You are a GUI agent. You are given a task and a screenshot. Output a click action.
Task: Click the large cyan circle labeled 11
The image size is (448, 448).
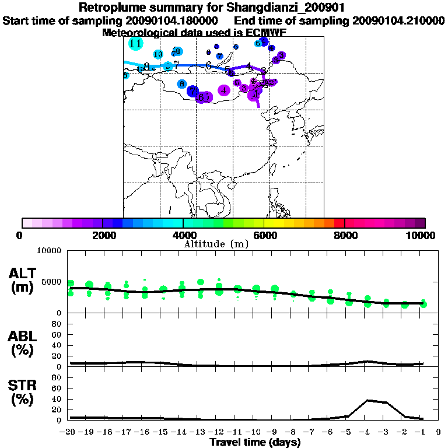coord(136,44)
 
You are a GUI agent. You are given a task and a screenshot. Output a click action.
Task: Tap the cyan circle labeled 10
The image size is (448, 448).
coord(157,54)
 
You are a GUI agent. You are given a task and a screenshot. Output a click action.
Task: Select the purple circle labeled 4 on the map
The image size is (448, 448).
coord(223,90)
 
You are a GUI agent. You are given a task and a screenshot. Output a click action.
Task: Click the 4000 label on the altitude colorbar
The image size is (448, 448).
coord(183,235)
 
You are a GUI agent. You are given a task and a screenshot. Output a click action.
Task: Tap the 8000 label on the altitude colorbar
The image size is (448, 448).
coord(345,235)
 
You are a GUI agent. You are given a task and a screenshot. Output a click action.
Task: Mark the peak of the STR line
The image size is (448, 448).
coord(367,400)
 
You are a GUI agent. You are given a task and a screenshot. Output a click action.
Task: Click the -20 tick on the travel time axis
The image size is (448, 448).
coord(68,432)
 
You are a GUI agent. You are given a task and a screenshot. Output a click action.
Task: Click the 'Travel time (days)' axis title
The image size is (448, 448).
coord(255,442)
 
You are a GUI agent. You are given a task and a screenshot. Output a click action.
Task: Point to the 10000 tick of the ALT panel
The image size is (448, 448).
coord(50,251)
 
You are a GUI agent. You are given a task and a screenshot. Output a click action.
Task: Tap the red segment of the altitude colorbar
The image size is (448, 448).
coord(339,223)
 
